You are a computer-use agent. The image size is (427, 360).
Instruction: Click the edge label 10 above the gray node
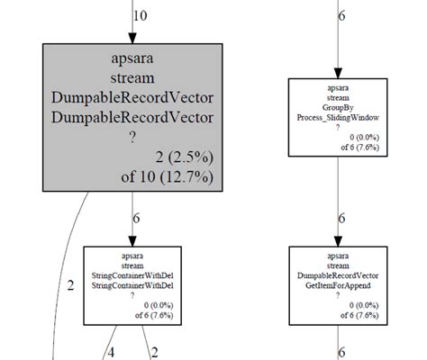pyautogui.click(x=141, y=15)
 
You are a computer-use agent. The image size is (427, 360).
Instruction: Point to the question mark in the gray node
pyautogui.click(x=133, y=137)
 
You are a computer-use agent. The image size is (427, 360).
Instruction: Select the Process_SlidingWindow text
pyautogui.click(x=340, y=117)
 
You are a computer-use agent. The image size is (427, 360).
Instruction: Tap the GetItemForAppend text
pyautogui.click(x=340, y=284)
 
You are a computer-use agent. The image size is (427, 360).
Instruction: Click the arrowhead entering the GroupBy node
pyautogui.click(x=340, y=71)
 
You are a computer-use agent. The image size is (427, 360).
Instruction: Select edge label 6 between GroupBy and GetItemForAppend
pyautogui.click(x=341, y=219)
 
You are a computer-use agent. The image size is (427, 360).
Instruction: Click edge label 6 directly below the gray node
pyautogui.click(x=136, y=219)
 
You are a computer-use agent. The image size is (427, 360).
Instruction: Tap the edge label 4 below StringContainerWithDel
pyautogui.click(x=112, y=353)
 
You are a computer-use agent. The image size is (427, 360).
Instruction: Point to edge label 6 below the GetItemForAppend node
pyautogui.click(x=341, y=353)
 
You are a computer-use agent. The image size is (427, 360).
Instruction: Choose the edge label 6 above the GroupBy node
pyautogui.click(x=341, y=15)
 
